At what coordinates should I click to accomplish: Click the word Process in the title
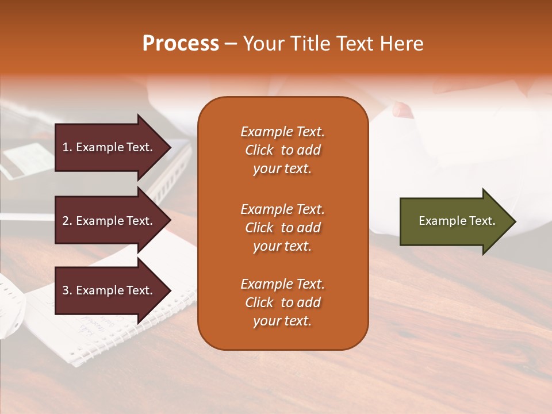(181, 44)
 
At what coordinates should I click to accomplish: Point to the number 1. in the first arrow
(67, 147)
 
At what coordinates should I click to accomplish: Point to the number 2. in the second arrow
(67, 221)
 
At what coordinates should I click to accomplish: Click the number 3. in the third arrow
(67, 290)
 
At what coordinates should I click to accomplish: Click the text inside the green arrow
(457, 221)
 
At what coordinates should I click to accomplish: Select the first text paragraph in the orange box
(282, 150)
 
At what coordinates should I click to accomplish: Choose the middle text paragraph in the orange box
(282, 228)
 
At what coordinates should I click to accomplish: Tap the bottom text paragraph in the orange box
(282, 302)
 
